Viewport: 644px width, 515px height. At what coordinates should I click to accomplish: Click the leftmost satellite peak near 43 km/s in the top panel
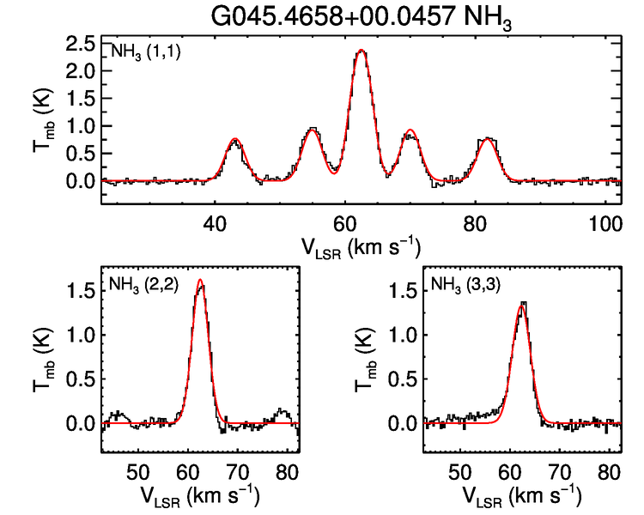coord(234,140)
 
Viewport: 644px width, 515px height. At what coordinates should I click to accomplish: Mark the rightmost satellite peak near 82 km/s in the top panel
coord(488,139)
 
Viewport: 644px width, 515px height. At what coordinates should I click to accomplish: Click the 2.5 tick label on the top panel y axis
coord(80,44)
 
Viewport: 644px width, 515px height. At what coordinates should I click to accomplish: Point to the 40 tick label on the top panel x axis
coord(214,222)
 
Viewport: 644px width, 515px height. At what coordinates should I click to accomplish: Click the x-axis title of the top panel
coord(361,247)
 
